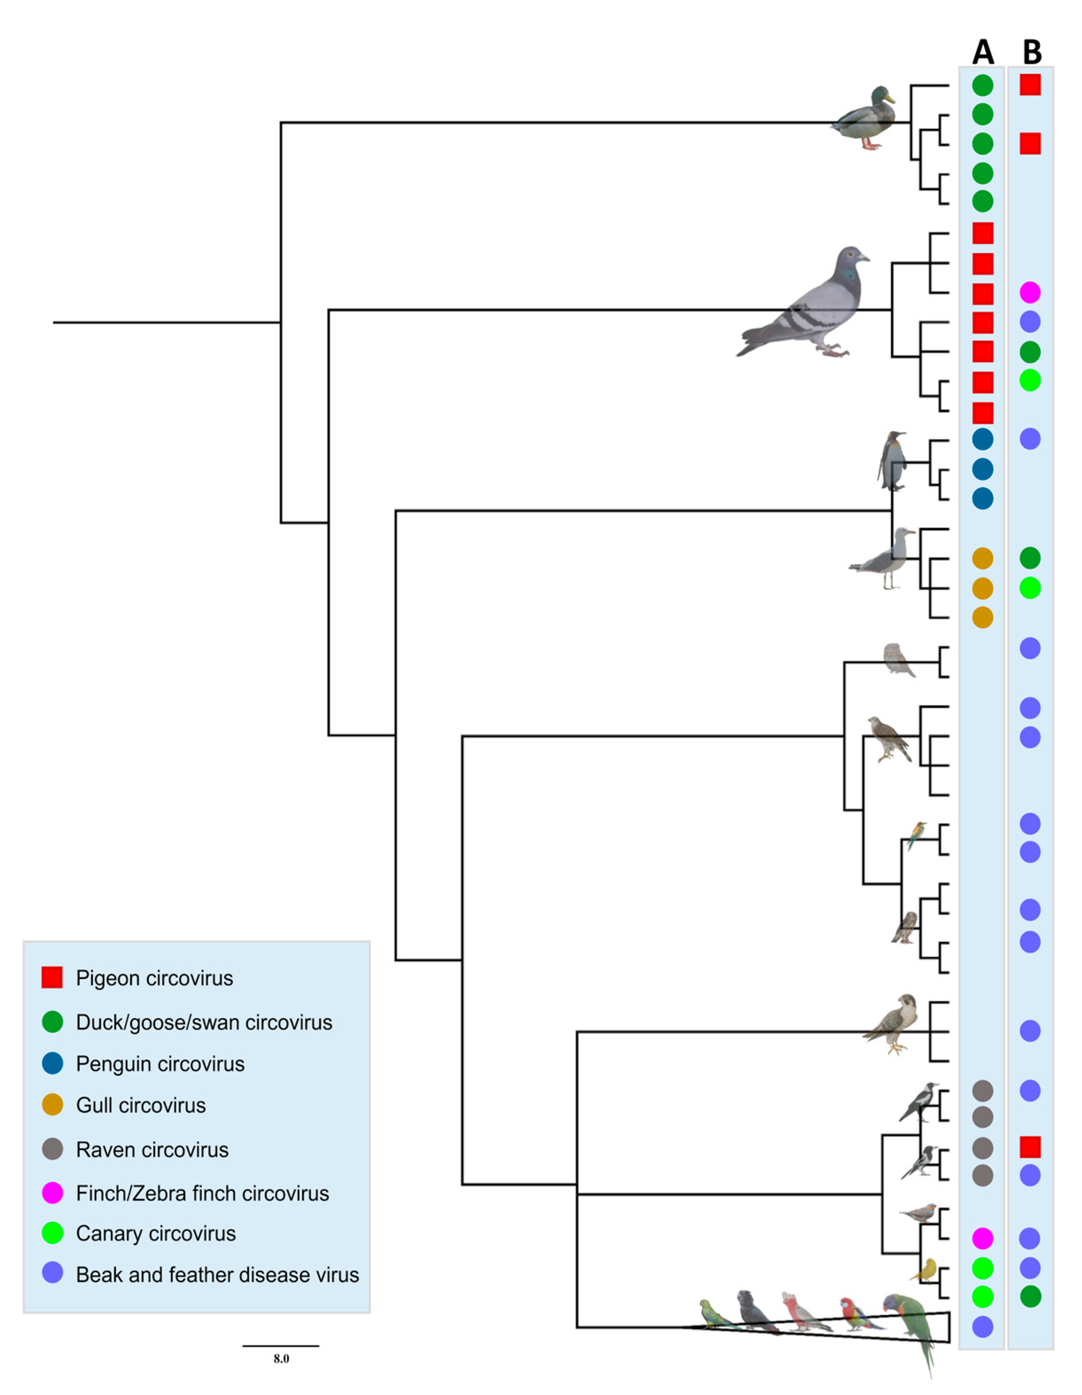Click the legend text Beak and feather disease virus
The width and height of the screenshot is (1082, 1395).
(x=217, y=1274)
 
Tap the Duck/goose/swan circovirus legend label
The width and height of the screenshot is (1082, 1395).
(x=204, y=1022)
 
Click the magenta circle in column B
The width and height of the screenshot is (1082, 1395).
(x=1030, y=292)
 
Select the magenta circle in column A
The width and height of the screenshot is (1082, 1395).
(x=982, y=1238)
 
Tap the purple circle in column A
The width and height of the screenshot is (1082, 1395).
(x=982, y=1327)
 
